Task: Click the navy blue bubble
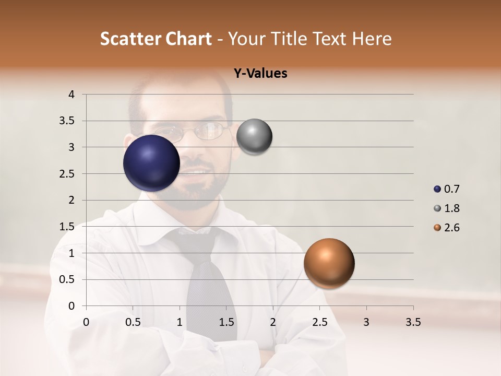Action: click(151, 163)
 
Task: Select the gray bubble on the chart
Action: click(254, 137)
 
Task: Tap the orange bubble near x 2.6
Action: click(329, 263)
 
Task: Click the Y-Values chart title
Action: click(260, 74)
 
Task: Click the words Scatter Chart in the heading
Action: click(156, 39)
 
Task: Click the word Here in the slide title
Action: click(372, 39)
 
